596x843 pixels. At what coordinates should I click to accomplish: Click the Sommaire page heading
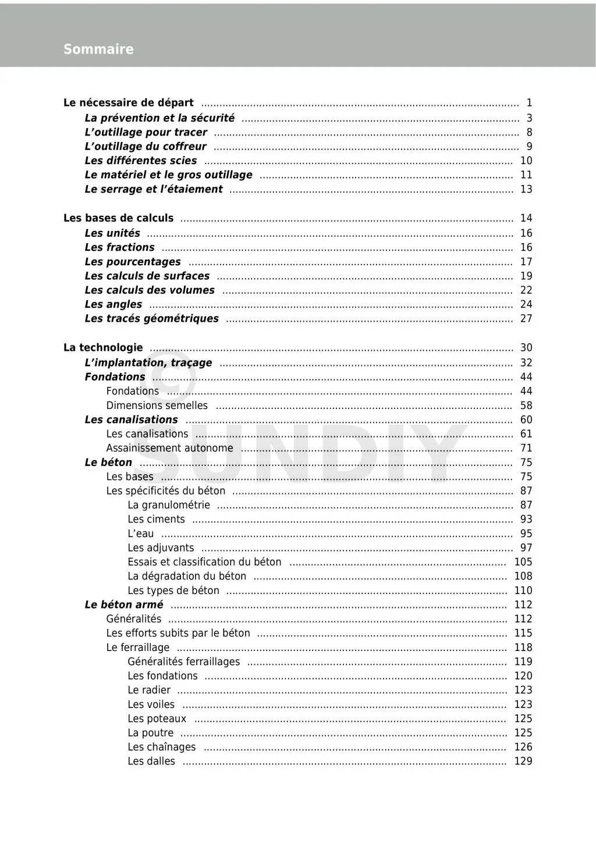coord(98,49)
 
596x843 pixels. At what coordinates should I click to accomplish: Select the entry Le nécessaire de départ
coord(129,103)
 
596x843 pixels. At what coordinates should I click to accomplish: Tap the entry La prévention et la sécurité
coord(159,118)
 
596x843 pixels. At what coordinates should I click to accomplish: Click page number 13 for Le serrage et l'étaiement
coord(526,189)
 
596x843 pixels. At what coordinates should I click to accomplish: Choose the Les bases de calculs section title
coord(118,218)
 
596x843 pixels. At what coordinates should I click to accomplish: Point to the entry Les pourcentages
coord(133,262)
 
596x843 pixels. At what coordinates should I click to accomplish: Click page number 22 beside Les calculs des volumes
coord(526,290)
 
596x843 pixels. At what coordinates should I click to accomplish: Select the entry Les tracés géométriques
coord(151,319)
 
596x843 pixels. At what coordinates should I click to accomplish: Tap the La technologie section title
coord(103,348)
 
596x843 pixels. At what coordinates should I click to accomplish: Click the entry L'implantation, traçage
coord(148,363)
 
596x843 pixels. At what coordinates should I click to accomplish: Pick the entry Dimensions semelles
coord(157,406)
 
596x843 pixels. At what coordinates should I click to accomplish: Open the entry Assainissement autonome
coord(169,448)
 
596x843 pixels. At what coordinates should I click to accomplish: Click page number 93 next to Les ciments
coord(526,520)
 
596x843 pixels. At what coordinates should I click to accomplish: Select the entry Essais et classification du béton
coord(204,562)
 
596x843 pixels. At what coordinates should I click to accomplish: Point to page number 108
coord(523,576)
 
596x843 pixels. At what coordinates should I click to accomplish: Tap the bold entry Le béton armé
coord(124,604)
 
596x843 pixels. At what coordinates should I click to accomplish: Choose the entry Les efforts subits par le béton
coord(178,633)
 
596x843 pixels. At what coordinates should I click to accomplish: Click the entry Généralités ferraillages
coord(184,661)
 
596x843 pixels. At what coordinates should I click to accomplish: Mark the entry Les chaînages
coord(162,747)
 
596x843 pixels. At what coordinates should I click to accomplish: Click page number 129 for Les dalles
coord(523,761)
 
